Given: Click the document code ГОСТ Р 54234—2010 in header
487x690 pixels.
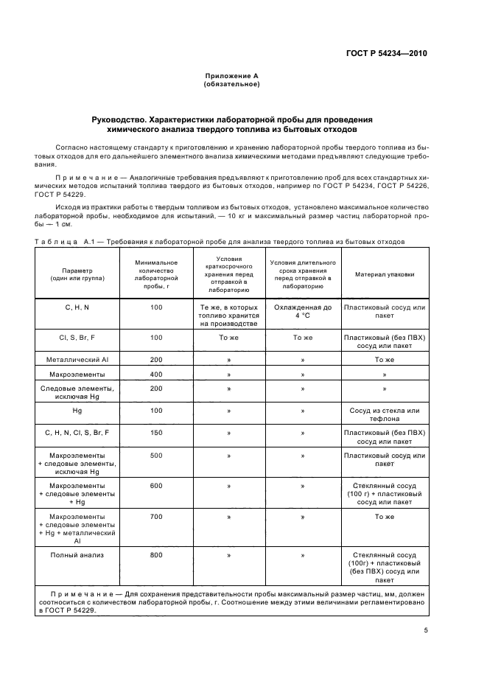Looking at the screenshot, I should click(386, 53).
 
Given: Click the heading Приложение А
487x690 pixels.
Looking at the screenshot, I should click(231, 76).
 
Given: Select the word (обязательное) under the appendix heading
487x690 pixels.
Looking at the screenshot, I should click(231, 84).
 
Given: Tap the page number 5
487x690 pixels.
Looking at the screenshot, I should click(426, 630).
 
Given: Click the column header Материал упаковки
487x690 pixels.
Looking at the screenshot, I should click(385, 273).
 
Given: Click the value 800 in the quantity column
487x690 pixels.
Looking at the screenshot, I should click(155, 555).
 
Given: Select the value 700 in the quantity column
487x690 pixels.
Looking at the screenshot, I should click(155, 517).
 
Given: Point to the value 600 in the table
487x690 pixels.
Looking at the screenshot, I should click(155, 486).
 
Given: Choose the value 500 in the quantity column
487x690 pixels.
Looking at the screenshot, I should click(155, 456).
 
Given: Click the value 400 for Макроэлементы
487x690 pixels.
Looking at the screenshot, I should click(155, 374).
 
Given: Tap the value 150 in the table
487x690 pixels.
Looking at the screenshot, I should click(155, 433).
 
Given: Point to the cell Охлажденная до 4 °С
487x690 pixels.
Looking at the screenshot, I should click(302, 310).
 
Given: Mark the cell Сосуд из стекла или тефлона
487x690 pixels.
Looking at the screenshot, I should click(385, 414).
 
